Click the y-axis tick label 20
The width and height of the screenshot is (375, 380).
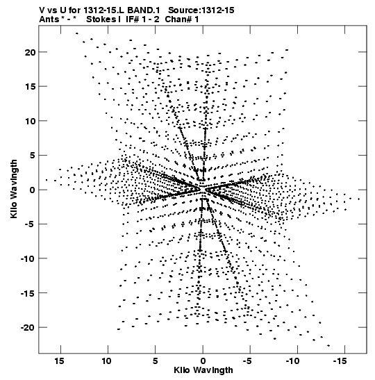(x=30, y=52)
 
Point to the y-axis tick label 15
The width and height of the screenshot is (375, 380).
(x=30, y=87)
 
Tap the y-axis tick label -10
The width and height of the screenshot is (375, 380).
(x=28, y=258)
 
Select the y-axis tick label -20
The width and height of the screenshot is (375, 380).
(x=28, y=327)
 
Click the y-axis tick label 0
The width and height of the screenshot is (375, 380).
(x=32, y=190)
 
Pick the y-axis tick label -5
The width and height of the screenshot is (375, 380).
(x=30, y=224)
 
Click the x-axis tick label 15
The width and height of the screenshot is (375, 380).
(x=59, y=361)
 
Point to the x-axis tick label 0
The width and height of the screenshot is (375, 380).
(x=203, y=361)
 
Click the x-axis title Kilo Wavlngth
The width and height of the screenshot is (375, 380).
(x=203, y=370)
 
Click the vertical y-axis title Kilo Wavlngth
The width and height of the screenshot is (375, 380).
(x=14, y=189)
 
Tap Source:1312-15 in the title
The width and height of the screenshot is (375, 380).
(x=201, y=10)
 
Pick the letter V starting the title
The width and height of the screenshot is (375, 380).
(x=42, y=10)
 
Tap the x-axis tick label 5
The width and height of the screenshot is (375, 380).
(x=156, y=361)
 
